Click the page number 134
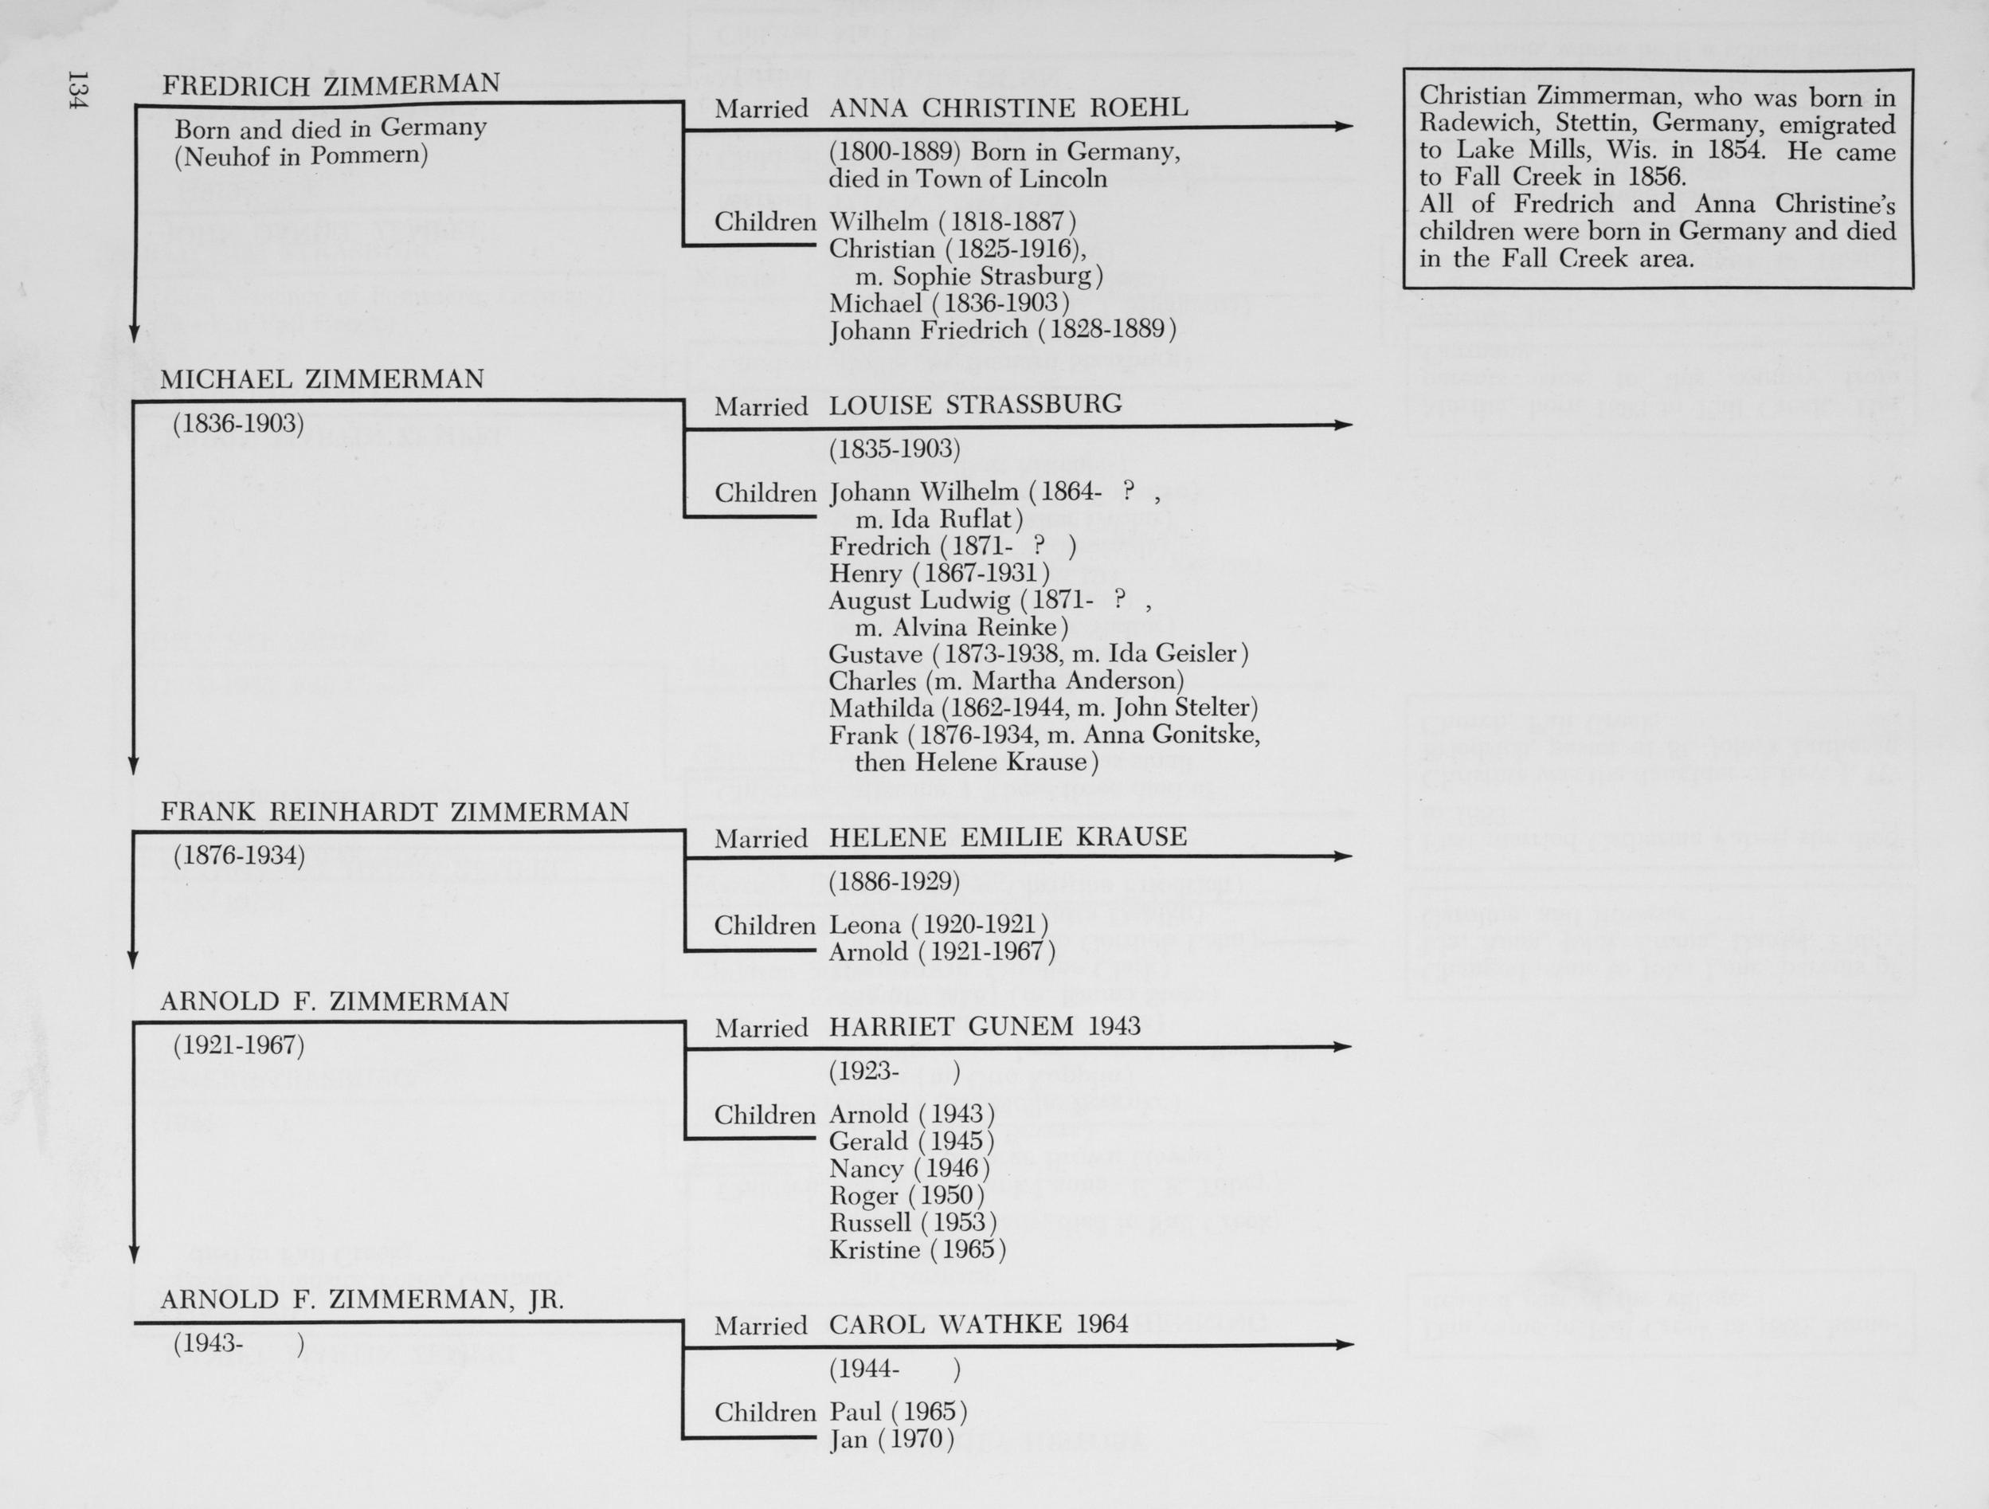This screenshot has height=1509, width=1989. pyautogui.click(x=77, y=91)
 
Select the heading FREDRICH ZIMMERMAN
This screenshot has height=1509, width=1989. pyautogui.click(x=330, y=84)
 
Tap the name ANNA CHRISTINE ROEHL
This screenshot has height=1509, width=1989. pyautogui.click(x=1007, y=108)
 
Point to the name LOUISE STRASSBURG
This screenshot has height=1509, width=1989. pyautogui.click(x=975, y=405)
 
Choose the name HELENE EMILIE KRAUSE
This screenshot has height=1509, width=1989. pyautogui.click(x=1007, y=837)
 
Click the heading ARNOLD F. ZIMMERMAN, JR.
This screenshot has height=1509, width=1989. pyautogui.click(x=362, y=1299)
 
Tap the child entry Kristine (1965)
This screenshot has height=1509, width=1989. pyautogui.click(x=916, y=1250)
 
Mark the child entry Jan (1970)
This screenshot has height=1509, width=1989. pyautogui.click(x=891, y=1440)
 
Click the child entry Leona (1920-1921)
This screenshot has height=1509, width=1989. pyautogui.click(x=938, y=924)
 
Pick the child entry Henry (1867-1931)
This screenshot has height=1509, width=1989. pyautogui.click(x=939, y=573)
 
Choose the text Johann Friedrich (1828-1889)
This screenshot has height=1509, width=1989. pyautogui.click(x=1002, y=331)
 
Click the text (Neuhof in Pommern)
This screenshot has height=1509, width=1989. pyautogui.click(x=300, y=155)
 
